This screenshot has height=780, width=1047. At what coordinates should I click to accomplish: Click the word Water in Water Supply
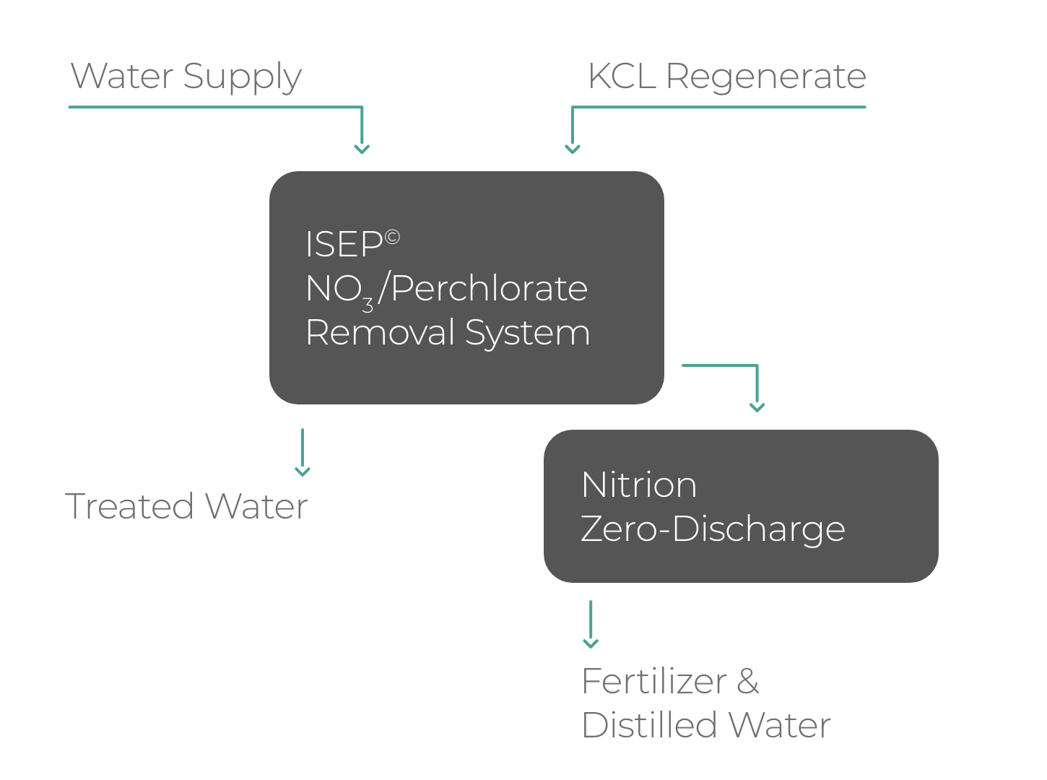pos(122,76)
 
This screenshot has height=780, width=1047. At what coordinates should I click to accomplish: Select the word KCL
pos(622,76)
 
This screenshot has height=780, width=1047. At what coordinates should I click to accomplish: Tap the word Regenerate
pos(766,77)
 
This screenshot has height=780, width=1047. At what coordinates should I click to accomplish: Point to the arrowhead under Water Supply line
pos(362,149)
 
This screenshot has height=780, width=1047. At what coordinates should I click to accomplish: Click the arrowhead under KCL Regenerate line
pos(573,149)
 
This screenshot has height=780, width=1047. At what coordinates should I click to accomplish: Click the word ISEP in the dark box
pos(344,244)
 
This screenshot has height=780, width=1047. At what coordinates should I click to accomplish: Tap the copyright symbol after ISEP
pos(392,237)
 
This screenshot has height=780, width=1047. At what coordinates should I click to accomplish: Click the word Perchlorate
pos(490,288)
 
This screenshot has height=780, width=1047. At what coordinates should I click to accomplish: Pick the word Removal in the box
pos(381,332)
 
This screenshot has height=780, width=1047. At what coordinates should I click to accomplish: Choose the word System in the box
pos(527,333)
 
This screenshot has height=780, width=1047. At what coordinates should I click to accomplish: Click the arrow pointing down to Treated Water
pos(303,454)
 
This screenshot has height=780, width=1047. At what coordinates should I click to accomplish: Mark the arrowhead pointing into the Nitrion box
pos(757,407)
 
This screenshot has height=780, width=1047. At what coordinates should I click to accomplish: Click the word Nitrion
pos(639,485)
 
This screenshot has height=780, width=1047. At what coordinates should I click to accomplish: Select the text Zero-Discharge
pos(713,529)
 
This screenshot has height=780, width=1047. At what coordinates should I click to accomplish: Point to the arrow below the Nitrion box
pos(591,625)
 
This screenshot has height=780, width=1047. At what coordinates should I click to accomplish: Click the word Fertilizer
pos(654,681)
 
